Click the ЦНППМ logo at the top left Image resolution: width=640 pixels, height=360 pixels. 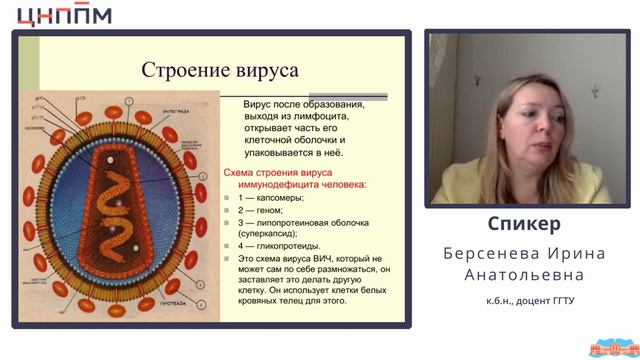click(58, 14)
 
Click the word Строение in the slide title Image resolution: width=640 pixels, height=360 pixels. click(177, 71)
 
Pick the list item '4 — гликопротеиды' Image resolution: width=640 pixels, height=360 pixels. click(279, 245)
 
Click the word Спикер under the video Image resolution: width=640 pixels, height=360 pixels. click(524, 223)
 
